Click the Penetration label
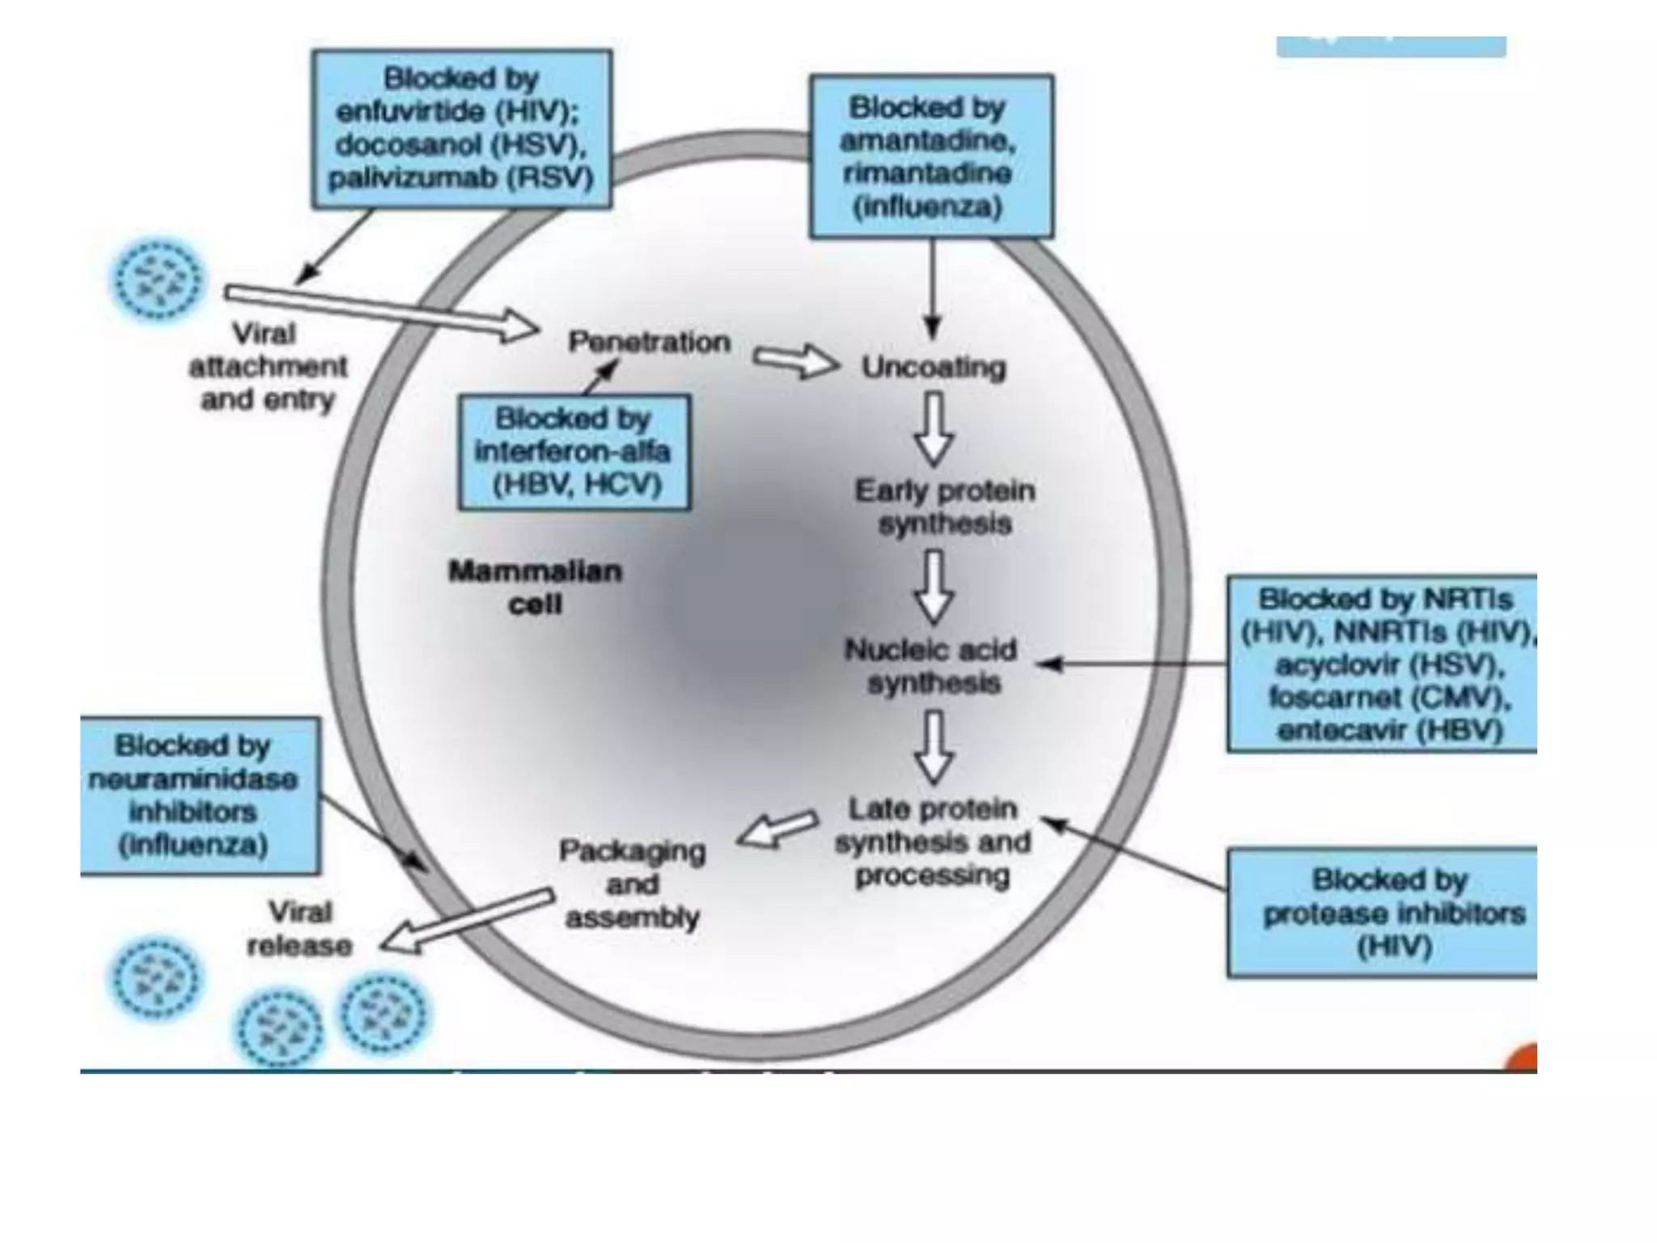pyautogui.click(x=649, y=342)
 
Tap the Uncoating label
pyautogui.click(x=933, y=367)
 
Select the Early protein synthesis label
pyautogui.click(x=944, y=507)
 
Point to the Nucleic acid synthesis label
pyautogui.click(x=932, y=666)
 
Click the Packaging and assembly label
pyautogui.click(x=632, y=884)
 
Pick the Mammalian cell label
pyautogui.click(x=535, y=588)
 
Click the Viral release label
pyautogui.click(x=299, y=929)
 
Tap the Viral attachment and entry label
pyautogui.click(x=267, y=367)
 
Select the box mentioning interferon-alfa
pyautogui.click(x=574, y=452)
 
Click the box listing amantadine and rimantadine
pyautogui.click(x=930, y=157)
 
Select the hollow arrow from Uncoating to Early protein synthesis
pyautogui.click(x=934, y=429)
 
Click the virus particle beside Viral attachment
pyautogui.click(x=157, y=279)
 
